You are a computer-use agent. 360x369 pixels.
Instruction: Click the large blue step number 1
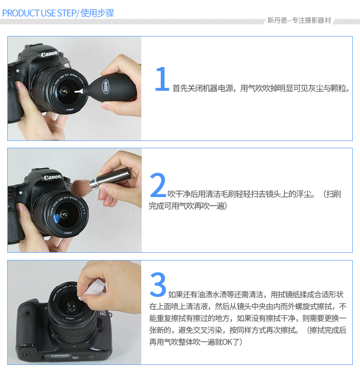(x=162, y=79)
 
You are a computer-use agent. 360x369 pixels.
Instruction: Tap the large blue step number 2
(x=158, y=185)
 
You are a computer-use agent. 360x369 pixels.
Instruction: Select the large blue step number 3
(x=158, y=284)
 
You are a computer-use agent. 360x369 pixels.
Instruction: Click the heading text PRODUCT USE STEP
(x=39, y=13)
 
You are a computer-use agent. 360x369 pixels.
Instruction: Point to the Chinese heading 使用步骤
(x=97, y=13)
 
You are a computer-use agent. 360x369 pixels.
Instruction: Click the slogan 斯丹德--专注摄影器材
(x=299, y=21)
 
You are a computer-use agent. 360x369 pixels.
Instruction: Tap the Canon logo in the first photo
(x=49, y=54)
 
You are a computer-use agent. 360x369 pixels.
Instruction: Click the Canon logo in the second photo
(x=52, y=177)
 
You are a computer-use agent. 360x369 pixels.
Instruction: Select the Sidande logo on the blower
(x=106, y=86)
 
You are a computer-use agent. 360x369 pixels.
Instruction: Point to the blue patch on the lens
(x=57, y=219)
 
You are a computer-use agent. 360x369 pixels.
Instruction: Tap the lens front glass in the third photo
(x=70, y=306)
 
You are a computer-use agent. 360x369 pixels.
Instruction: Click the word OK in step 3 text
(x=227, y=342)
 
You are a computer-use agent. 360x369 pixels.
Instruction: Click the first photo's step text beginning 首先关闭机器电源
(x=261, y=88)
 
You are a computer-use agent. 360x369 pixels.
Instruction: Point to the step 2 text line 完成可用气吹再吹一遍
(x=188, y=206)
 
